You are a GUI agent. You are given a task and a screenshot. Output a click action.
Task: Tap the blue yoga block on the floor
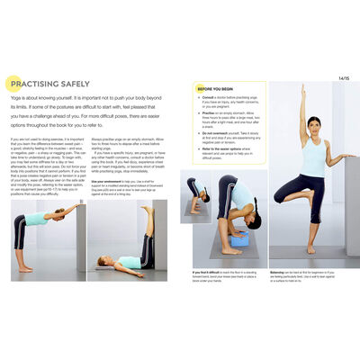pos(239,240)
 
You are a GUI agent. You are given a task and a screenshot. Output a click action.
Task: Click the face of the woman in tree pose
pos(313,125)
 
